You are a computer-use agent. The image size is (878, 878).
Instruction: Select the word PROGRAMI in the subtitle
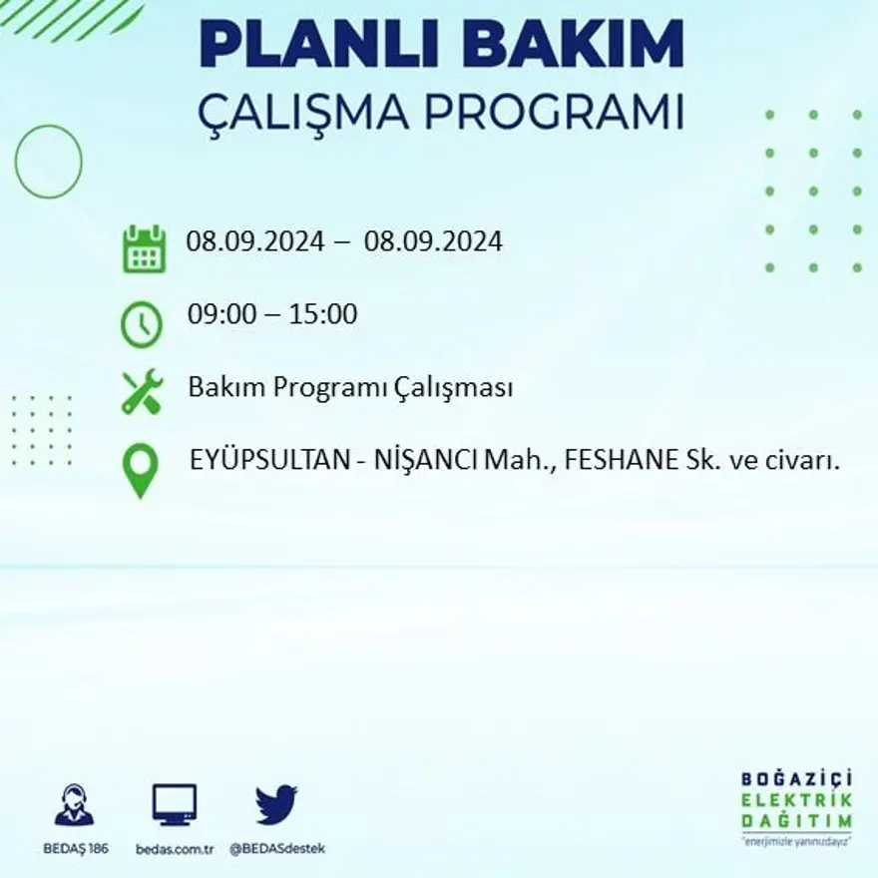point(553,112)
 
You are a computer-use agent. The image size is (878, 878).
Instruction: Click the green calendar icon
point(145,248)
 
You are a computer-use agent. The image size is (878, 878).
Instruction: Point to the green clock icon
point(142,324)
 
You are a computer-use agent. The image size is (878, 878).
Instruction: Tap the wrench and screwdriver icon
point(142,391)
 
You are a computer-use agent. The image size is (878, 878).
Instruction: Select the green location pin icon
point(142,469)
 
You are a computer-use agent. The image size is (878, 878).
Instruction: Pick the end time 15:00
point(322,314)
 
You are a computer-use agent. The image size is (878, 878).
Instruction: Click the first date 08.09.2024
point(254,241)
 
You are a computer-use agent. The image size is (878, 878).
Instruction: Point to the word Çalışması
point(463,387)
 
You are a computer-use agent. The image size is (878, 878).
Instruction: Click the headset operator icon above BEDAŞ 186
point(74,804)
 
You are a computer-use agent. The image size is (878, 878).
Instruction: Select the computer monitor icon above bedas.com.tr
point(175,803)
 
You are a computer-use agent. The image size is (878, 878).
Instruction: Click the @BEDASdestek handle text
point(277,848)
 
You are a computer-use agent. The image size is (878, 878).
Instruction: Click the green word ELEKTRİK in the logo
point(797,800)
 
